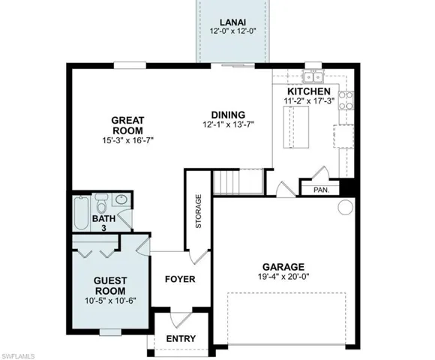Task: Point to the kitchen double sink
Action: tap(313, 76)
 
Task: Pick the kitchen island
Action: tap(295, 128)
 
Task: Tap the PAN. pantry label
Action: tap(321, 190)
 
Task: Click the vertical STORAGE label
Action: tap(198, 212)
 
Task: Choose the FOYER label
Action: tap(180, 279)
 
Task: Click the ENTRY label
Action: tap(181, 338)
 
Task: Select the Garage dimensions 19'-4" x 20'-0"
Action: tap(283, 277)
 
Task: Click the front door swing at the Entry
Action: tap(179, 319)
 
